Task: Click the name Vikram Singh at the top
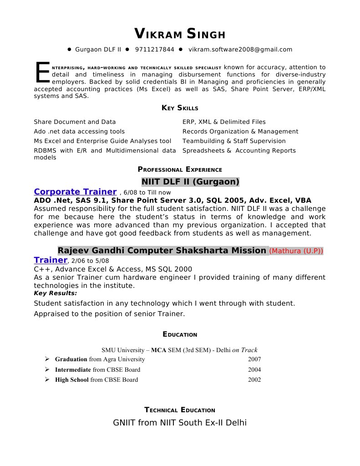click(180, 34)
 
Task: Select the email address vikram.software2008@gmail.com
click(240, 49)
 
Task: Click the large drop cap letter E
click(42, 73)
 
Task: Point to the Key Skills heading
click(180, 108)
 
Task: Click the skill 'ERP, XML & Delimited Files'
click(224, 122)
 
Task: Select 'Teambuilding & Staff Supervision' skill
click(234, 141)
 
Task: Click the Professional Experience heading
click(180, 169)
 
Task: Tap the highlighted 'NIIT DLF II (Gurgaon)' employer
click(190, 182)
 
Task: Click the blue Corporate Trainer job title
click(76, 192)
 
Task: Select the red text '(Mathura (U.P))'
click(296, 251)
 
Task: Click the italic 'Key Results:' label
click(55, 293)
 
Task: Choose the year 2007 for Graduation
click(254, 359)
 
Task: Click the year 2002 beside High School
click(254, 379)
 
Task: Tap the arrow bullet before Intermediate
click(47, 369)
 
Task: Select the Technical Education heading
click(180, 410)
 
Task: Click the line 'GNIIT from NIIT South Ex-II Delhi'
click(180, 423)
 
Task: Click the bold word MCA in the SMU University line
click(158, 350)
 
